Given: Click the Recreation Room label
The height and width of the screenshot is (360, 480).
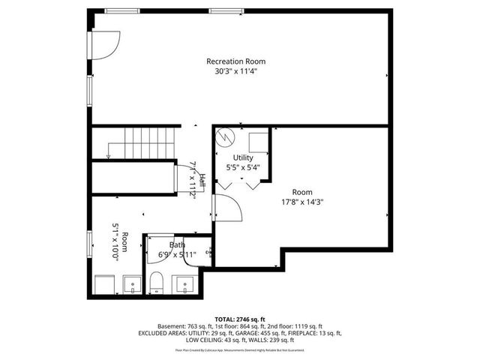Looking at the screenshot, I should [236, 61].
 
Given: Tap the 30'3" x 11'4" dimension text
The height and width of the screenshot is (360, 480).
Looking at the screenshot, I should [236, 72].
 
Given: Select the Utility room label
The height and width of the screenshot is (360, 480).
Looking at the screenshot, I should [242, 157].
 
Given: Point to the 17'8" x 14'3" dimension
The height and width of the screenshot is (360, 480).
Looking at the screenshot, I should [302, 201].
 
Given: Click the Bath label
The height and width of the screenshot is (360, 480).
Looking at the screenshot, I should [177, 244].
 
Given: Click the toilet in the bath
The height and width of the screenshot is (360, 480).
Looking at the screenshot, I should [157, 282].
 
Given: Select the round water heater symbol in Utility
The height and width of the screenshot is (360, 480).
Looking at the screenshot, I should [226, 138].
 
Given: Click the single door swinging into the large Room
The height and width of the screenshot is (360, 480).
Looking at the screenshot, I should [228, 209].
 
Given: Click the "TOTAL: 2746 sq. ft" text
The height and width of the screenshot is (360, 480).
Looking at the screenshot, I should [241, 319].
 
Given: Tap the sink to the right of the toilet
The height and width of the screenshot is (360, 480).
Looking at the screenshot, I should [184, 285].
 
